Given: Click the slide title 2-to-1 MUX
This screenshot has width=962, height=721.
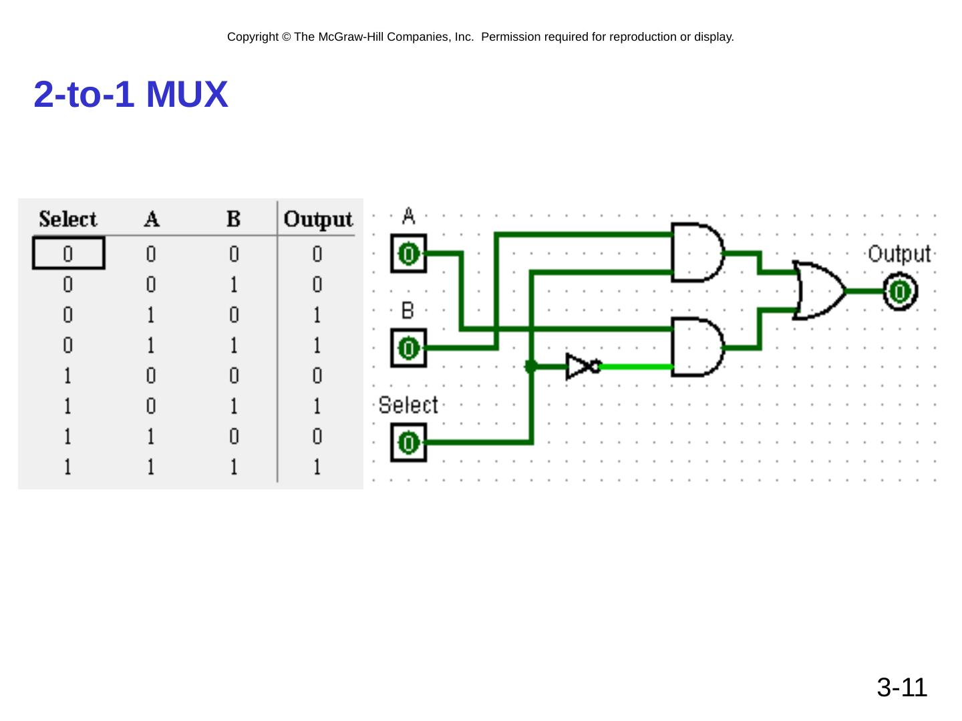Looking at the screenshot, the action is pos(130,94).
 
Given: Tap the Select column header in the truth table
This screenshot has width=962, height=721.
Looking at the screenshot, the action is pos(68,219).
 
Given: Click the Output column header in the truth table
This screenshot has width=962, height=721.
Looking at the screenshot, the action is pos(318,220).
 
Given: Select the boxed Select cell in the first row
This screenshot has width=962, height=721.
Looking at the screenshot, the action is pos(69,253).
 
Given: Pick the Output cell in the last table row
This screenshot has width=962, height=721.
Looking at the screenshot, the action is pos(317,467).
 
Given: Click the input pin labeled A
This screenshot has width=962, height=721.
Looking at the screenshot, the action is pos(408,254).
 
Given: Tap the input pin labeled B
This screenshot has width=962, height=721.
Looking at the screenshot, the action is pos(408,348).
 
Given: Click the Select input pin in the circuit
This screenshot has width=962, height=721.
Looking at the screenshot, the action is pos(408,443).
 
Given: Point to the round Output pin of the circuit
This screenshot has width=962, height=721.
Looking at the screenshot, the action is pos(900,292).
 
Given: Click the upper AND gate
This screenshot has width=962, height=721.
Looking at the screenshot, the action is pos(697,252).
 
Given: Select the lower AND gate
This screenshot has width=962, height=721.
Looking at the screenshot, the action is pos(697,347).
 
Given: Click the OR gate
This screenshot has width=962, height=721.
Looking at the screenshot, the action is pos(818,290).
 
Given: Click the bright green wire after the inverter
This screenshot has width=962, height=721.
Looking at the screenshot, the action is pos(637,367).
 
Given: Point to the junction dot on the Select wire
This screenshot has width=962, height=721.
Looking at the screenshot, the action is pos(530,367).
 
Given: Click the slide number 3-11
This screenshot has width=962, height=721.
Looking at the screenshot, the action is pos(901,688).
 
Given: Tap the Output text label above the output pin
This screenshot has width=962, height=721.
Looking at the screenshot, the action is pos(899,254).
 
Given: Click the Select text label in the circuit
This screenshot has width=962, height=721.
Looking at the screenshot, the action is pos(408,405).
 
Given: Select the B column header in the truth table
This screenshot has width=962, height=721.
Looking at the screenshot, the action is pos(234,218).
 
